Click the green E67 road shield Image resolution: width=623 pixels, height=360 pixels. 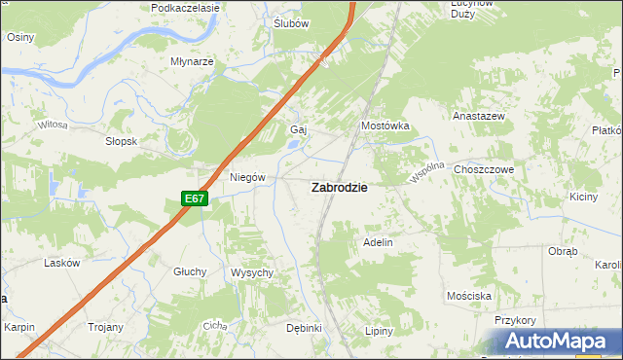tap(195, 198)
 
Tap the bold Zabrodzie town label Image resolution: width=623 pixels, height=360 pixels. tap(339, 188)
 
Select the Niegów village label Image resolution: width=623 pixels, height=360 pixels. tap(247, 177)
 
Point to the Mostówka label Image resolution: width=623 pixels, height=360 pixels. tap(385, 126)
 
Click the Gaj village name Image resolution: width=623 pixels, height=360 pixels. tap(299, 129)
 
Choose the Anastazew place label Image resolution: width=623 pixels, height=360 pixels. tap(478, 115)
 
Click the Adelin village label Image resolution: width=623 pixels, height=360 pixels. tap(378, 242)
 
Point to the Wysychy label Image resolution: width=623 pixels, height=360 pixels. tap(252, 272)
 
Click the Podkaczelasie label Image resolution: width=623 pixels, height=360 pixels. tap(186, 7)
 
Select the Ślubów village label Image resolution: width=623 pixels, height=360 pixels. tap(291, 23)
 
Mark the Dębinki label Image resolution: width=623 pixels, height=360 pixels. tap(304, 328)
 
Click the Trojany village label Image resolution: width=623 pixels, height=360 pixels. tap(105, 328)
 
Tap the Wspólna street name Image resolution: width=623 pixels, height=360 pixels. tap(427, 172)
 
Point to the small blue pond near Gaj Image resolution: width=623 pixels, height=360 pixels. tap(293, 148)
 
